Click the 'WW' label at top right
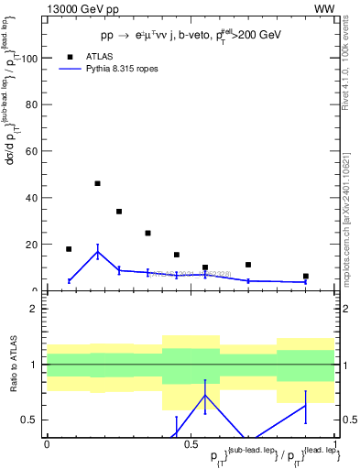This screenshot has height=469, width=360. [323, 8]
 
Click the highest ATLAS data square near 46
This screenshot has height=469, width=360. [97, 183]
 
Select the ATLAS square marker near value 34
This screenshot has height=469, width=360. [119, 212]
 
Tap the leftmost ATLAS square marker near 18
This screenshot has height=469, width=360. [69, 249]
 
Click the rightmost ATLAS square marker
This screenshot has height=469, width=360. [306, 276]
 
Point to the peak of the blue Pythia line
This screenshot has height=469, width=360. [97, 252]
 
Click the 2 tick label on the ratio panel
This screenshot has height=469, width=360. [35, 309]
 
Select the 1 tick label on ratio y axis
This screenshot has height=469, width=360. [35, 365]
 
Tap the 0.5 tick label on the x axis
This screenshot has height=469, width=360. [189, 443]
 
